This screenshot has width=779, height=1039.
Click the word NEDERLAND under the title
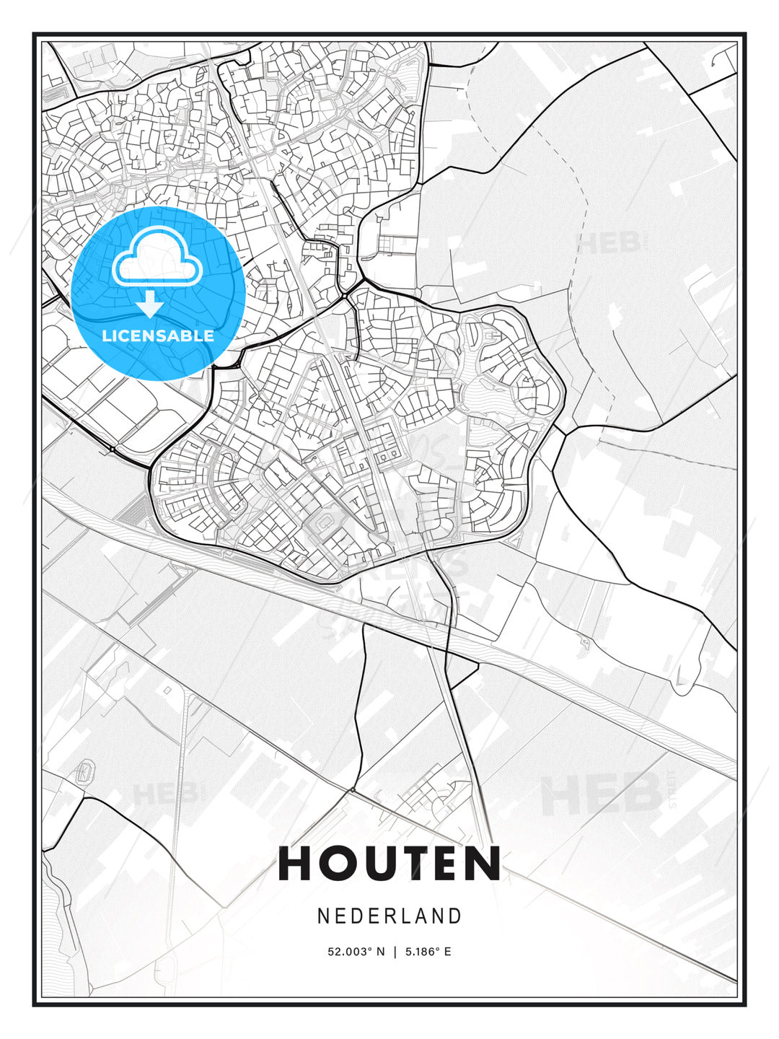(389, 916)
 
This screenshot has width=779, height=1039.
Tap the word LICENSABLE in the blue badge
(158, 336)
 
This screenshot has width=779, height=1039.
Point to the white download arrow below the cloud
(151, 304)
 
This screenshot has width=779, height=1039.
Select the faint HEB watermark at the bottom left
(164, 794)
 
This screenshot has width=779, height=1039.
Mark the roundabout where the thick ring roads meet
(346, 295)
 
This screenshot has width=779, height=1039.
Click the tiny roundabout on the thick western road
(113, 450)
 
